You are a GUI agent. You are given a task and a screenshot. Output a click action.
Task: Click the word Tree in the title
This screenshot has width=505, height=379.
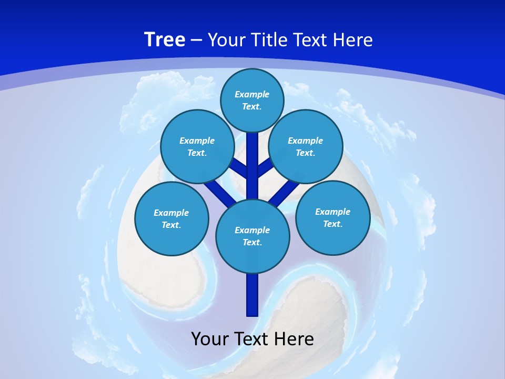[x=165, y=40]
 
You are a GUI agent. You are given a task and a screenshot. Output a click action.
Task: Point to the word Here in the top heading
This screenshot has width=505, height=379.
[x=352, y=40]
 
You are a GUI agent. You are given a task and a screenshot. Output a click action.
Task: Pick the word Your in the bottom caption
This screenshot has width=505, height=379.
[x=210, y=338]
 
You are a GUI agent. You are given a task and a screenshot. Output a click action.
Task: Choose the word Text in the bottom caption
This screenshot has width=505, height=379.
[x=251, y=338]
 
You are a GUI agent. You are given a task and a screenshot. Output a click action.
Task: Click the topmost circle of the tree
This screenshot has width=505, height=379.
[x=252, y=100]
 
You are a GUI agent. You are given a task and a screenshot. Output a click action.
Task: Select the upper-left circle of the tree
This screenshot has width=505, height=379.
[x=197, y=146]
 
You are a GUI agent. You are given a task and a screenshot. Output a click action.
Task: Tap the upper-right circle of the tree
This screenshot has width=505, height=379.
[x=306, y=146]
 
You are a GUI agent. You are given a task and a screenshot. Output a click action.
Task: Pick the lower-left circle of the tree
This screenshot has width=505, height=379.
[x=171, y=218]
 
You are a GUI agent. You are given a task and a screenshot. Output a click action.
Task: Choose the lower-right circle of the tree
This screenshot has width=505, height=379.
[x=333, y=217]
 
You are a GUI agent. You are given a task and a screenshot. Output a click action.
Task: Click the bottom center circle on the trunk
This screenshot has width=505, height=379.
[x=252, y=236]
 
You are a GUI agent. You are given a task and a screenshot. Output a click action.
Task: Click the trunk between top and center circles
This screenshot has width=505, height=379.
[x=252, y=163]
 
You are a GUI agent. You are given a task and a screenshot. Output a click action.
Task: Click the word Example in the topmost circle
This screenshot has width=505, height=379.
[x=252, y=94]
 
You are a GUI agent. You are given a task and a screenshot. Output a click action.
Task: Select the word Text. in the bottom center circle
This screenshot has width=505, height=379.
[x=252, y=242]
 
